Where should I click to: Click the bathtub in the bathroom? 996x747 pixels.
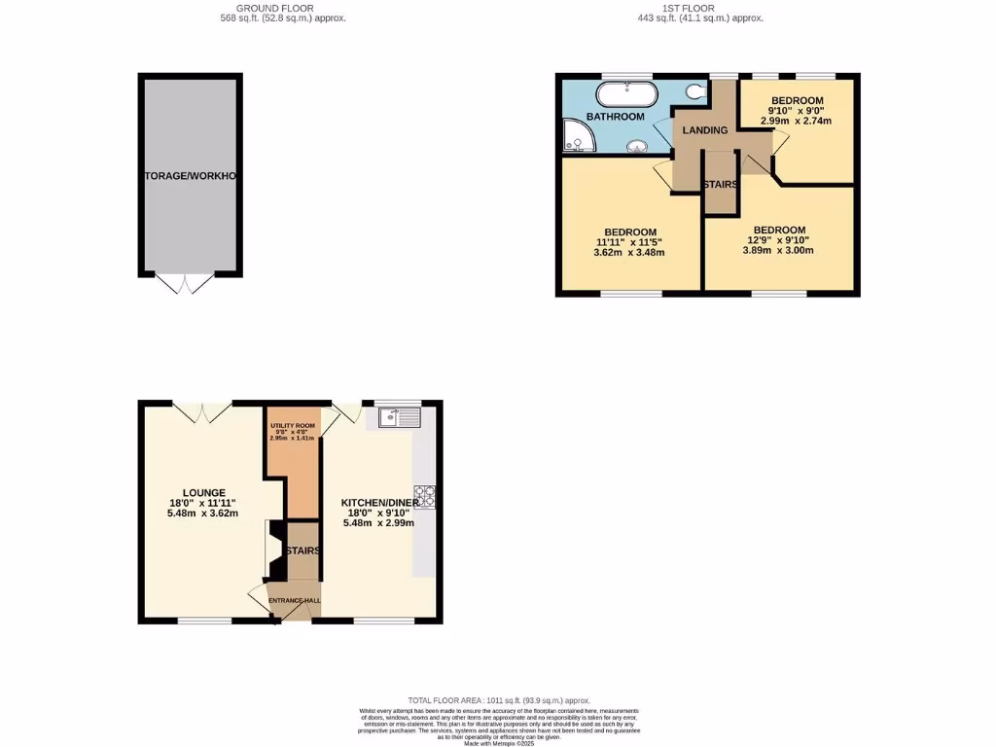pos(626,94)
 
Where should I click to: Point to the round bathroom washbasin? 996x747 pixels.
pos(638,148)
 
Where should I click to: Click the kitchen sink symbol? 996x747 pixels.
pos(400,417)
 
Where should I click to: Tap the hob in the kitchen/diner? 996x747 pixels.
pos(425,497)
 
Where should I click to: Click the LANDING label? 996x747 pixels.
pos(705,130)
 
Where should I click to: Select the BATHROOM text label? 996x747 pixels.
pos(616,117)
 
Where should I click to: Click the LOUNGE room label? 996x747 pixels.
pos(203,493)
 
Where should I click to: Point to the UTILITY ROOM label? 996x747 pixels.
pos(293,426)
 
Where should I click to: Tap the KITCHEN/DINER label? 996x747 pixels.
pos(378,503)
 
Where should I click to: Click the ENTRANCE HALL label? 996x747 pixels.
pos(295,600)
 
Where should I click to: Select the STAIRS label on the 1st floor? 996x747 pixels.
pos(720,184)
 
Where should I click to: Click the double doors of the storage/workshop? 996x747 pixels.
pos(185,283)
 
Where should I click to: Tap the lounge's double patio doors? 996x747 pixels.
pos(203,411)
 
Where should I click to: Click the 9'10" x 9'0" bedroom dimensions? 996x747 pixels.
pos(797,111)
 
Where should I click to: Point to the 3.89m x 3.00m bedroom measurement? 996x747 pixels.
pos(778,250)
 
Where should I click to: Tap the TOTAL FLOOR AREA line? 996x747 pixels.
pos(499,700)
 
